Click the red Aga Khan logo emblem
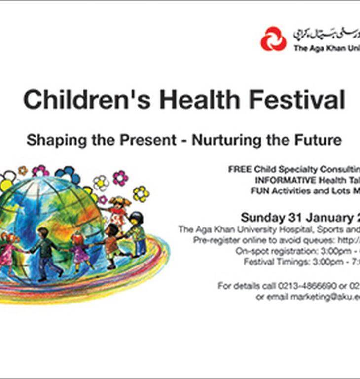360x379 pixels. (x=273, y=39)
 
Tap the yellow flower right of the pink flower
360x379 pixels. (x=141, y=193)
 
